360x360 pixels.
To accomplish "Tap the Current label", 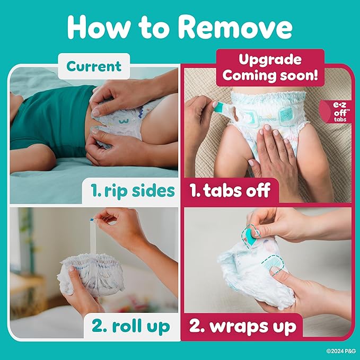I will pyautogui.click(x=93, y=66).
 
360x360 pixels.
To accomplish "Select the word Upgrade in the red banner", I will pyautogui.click(x=270, y=59).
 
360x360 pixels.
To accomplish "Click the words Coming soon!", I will pyautogui.click(x=270, y=75).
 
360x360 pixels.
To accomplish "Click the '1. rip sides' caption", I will pyautogui.click(x=129, y=190).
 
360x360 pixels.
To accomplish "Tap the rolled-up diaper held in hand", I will pyautogui.click(x=93, y=273).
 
